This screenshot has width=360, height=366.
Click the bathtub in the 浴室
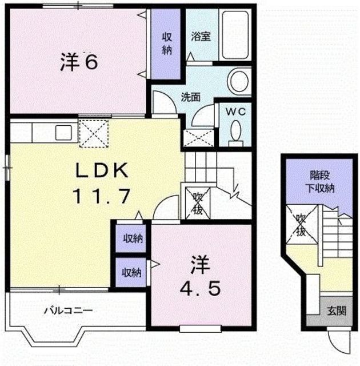pos(235,35)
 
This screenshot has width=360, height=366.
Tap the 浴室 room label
pos(201,37)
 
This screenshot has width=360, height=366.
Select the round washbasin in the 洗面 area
pos(238,81)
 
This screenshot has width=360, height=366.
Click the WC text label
pos(236,112)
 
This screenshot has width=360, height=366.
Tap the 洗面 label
pos(190,97)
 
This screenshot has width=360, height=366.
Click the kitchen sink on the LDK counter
pos(63,133)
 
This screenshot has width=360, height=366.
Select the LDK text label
pos(102,170)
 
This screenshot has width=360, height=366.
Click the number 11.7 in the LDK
pos(101,196)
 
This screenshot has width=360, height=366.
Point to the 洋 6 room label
pos(79,62)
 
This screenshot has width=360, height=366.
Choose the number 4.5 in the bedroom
pos(200,288)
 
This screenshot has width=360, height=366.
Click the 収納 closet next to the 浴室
pos(167,43)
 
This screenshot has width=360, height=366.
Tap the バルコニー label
pos(69,311)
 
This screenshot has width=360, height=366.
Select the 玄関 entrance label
pos(337,311)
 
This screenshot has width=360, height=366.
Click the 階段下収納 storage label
pos(320,182)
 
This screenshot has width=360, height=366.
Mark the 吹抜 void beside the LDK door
pos(198,203)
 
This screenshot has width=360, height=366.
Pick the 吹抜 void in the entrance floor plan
pos(302,225)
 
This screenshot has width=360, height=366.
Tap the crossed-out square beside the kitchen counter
pos(94,133)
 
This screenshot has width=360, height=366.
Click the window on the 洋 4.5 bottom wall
pos(200,328)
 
